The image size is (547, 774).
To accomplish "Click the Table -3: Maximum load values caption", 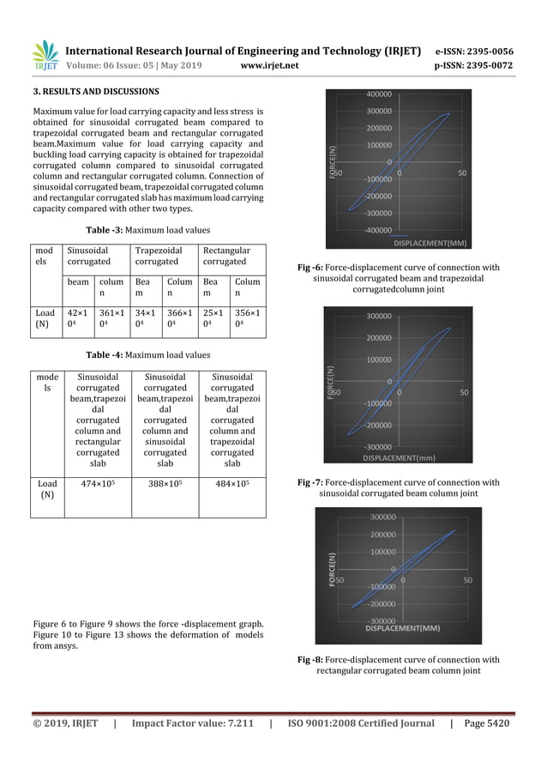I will [x=147, y=230].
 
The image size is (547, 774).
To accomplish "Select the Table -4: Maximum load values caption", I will [x=147, y=354].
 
